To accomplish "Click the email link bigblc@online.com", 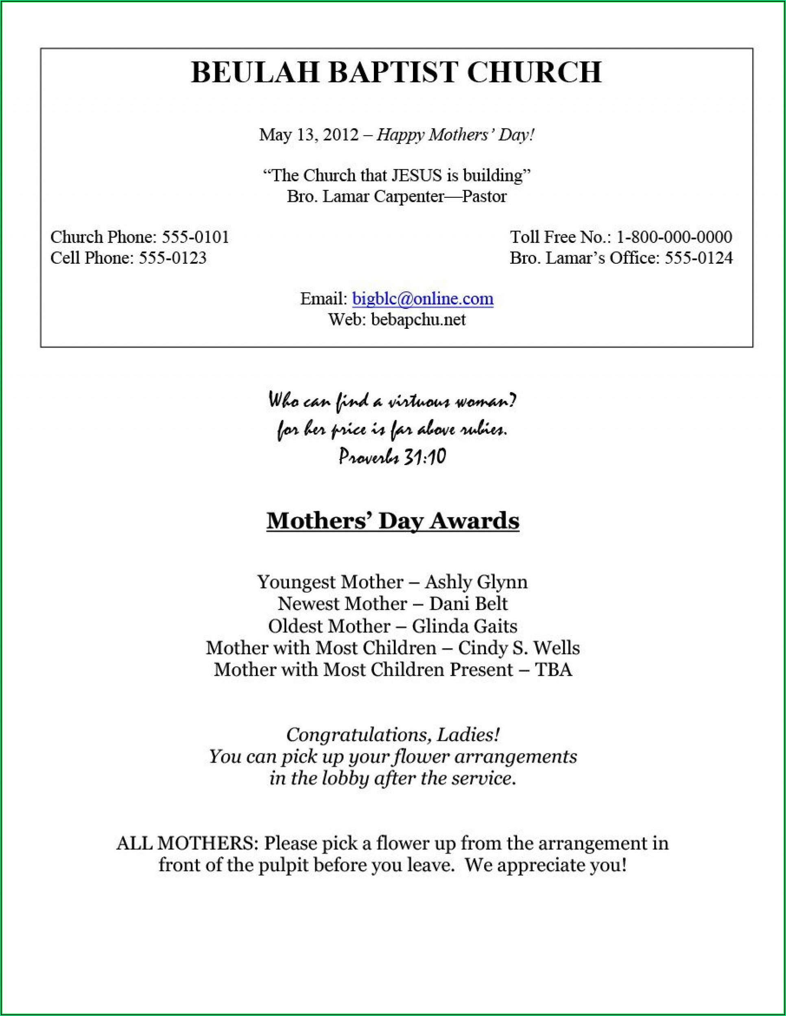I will click(422, 299).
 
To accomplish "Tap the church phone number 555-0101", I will click(195, 237).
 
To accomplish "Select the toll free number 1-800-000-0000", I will click(674, 237).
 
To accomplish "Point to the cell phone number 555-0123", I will click(172, 258).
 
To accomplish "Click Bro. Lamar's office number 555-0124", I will click(698, 258).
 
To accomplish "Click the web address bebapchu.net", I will click(418, 319).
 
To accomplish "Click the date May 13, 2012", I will click(309, 135).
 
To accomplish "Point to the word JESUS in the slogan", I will click(416, 175).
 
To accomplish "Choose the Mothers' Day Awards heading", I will click(393, 520).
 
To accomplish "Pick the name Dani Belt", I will click(468, 604).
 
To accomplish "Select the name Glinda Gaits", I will click(464, 626).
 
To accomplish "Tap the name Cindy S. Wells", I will click(519, 648).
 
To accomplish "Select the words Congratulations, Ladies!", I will click(393, 735).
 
